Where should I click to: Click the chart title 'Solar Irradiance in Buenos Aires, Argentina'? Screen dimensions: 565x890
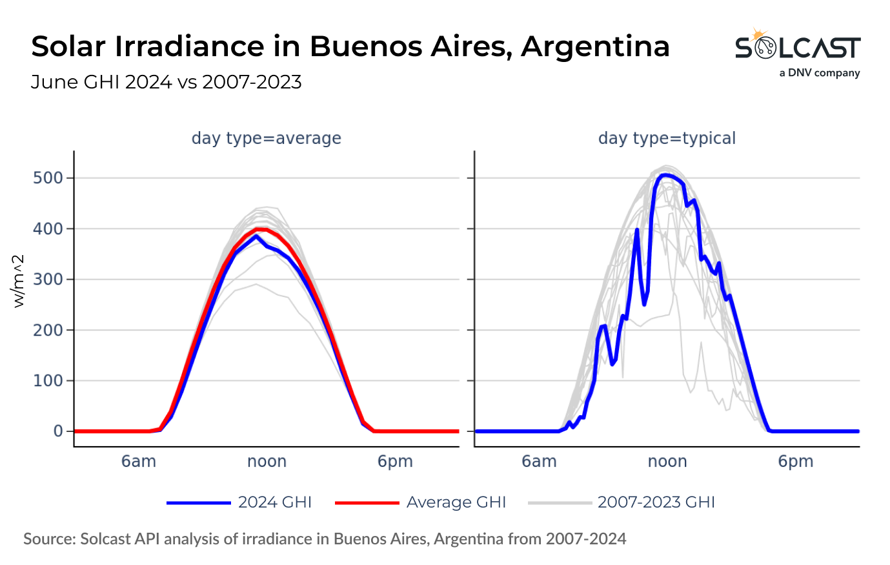(350, 46)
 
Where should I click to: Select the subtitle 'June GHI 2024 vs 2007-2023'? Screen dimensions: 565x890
(166, 83)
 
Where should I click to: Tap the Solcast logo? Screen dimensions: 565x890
(798, 52)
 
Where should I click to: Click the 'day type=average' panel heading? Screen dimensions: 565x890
(266, 138)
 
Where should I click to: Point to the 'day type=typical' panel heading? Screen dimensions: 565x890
(667, 138)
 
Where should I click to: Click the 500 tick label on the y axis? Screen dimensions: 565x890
(48, 178)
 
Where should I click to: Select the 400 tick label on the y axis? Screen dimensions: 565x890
(48, 229)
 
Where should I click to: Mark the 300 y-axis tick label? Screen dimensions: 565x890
(48, 280)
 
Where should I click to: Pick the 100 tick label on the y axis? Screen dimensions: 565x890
(48, 381)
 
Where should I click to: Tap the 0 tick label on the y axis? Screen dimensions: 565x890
(59, 431)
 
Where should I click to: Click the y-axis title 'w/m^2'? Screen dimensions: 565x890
(19, 281)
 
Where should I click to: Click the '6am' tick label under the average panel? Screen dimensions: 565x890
(139, 462)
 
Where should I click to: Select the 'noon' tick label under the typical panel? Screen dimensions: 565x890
(667, 462)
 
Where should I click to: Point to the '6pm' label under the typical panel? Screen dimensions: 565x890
(795, 462)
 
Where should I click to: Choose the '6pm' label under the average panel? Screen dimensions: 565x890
(395, 462)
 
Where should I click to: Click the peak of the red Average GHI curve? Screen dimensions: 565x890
(261, 229)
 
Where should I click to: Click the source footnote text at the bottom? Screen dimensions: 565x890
(325, 539)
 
